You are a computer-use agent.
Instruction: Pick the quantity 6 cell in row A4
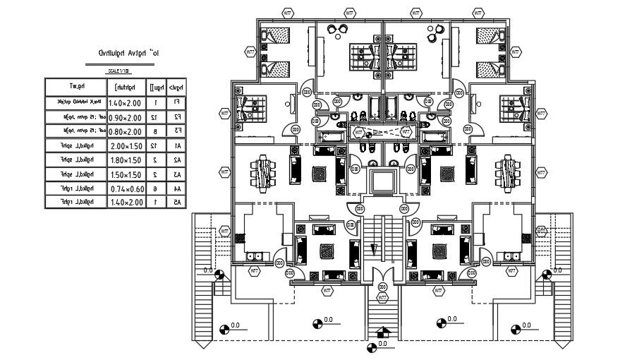coord(154,188)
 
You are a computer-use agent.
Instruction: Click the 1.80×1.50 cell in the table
coord(126,160)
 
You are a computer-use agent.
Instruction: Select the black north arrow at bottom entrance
coord(382,332)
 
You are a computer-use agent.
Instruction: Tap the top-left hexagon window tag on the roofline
coord(288,12)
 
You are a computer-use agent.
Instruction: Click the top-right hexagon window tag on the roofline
coord(478,12)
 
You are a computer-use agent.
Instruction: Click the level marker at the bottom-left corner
coord(225,328)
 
